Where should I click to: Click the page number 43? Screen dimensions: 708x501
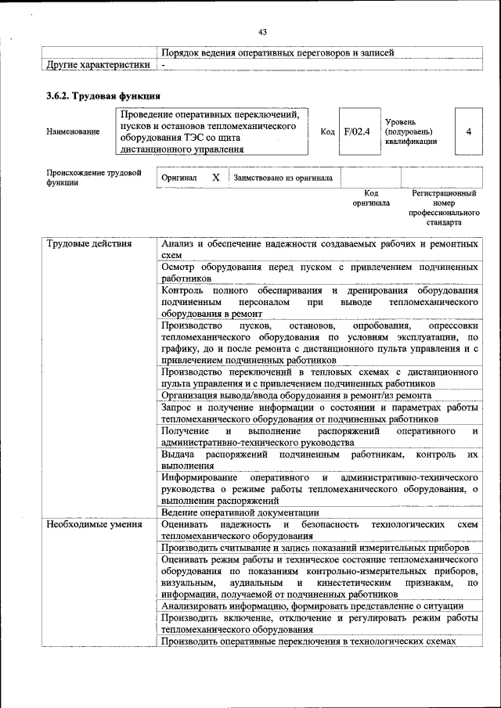[262, 31]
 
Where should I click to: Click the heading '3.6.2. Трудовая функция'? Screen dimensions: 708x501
[103, 95]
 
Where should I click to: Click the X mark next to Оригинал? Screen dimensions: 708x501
[215, 178]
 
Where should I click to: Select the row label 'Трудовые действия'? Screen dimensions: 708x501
[79, 244]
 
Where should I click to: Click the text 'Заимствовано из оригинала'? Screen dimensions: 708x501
[283, 178]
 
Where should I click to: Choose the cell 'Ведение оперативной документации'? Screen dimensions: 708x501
[234, 512]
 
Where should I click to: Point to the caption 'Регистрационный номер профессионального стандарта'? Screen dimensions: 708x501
[444, 207]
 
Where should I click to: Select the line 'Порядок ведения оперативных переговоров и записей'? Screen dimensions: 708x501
[277, 52]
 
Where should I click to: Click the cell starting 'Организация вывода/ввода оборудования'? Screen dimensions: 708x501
[296, 396]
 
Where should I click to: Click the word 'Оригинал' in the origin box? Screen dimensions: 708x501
[178, 178]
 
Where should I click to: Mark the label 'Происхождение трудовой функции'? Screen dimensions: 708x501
[93, 178]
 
